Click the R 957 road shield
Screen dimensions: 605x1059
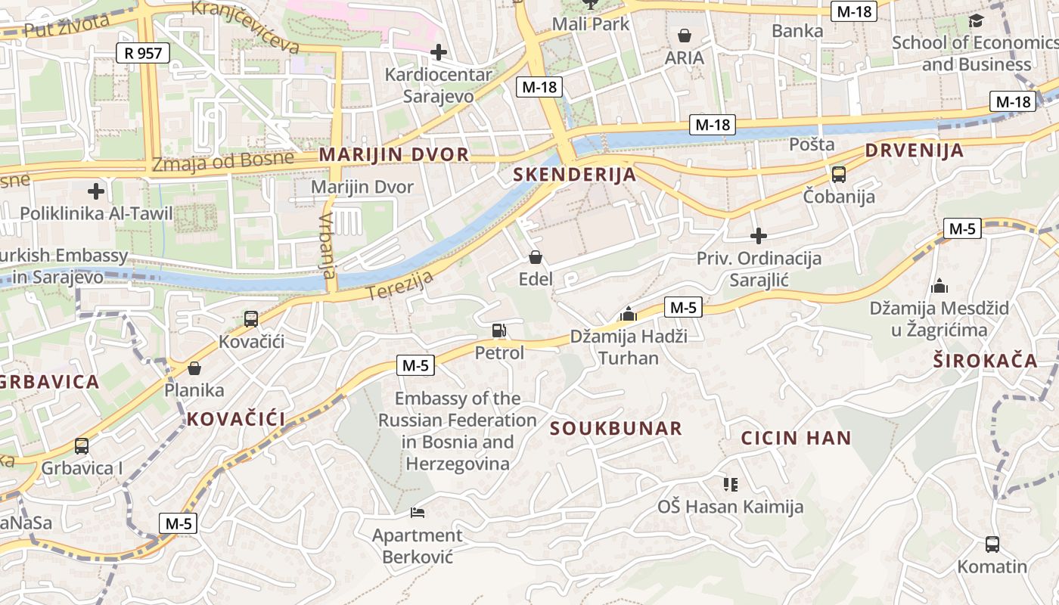click(143, 53)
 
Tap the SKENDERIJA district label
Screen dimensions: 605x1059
click(574, 175)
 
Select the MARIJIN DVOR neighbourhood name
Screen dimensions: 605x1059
click(394, 154)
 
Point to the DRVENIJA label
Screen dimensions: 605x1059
click(915, 150)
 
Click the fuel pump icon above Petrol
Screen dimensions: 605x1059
click(498, 330)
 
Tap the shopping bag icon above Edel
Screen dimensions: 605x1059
click(536, 257)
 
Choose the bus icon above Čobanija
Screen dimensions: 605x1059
click(838, 175)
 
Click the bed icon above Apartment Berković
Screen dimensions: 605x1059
click(417, 513)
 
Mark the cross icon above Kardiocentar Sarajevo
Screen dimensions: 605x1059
click(438, 52)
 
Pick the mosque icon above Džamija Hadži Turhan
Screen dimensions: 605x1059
click(628, 313)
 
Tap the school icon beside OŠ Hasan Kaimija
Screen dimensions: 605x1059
click(730, 484)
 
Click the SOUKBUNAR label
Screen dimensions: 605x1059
click(616, 429)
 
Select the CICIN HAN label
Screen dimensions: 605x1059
click(796, 438)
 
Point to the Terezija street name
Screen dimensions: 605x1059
click(400, 284)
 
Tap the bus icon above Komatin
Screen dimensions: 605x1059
click(992, 544)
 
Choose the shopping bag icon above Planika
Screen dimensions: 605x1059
click(194, 368)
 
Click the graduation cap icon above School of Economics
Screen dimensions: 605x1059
click(976, 20)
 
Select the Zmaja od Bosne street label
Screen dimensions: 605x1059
click(222, 161)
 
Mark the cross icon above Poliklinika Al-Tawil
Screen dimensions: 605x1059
click(96, 191)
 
